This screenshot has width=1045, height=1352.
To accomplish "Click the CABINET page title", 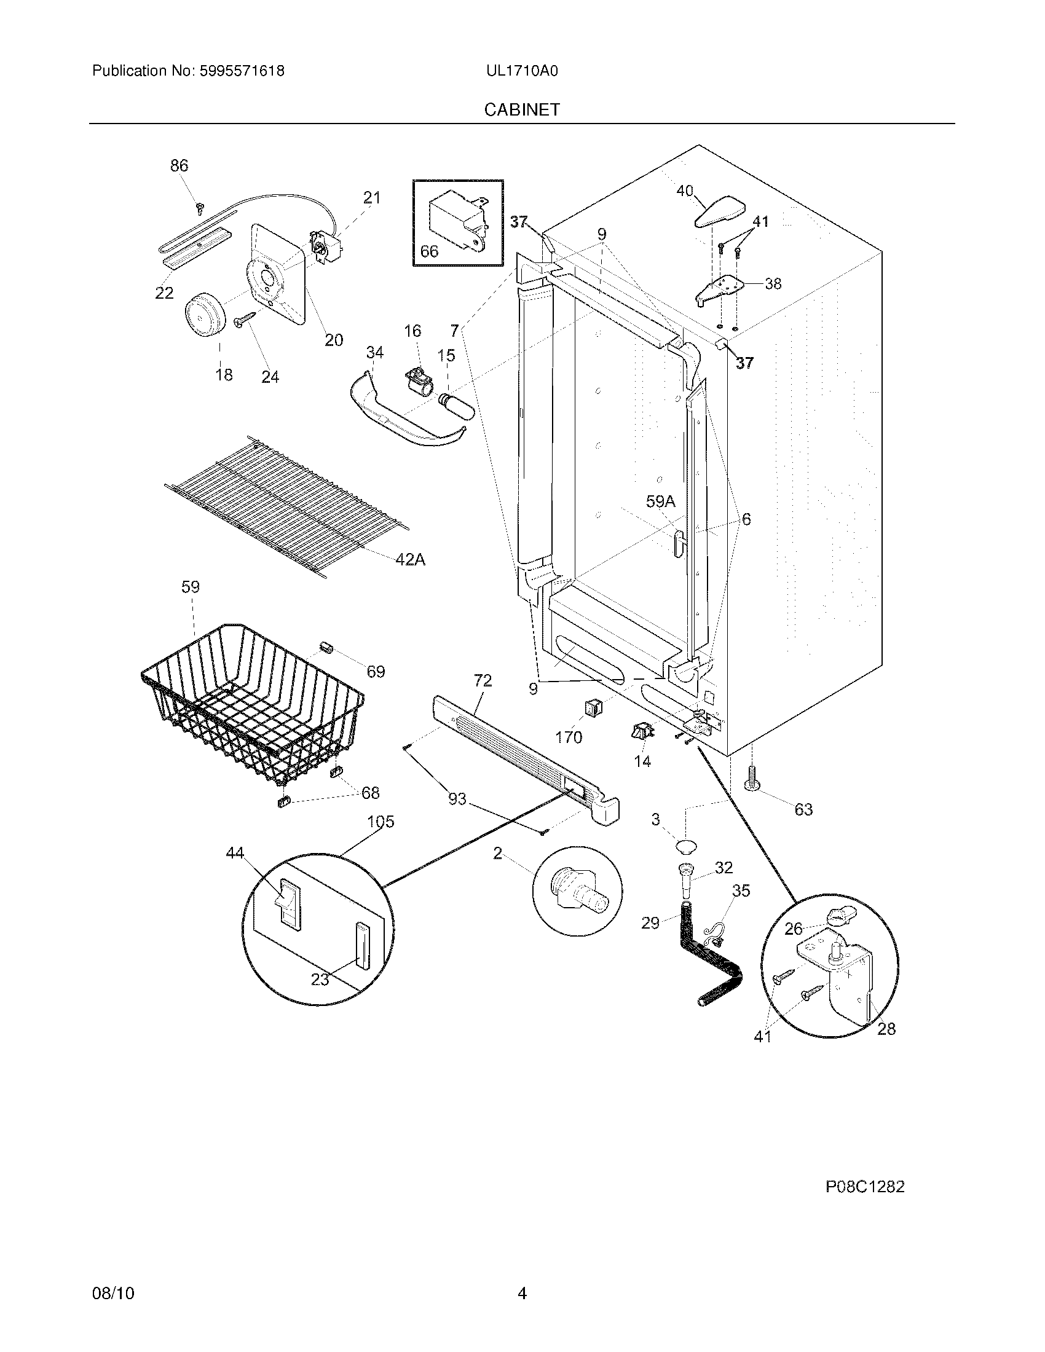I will point(521,109).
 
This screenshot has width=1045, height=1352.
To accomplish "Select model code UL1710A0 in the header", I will point(521,71).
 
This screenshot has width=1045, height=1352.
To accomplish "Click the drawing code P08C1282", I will point(864,1187).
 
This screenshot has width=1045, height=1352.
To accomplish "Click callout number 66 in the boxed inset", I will point(429,251).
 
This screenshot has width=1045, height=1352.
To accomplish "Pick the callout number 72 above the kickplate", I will point(483,681).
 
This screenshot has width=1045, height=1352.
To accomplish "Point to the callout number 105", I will point(380,822).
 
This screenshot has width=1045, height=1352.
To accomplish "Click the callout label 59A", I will point(661,501).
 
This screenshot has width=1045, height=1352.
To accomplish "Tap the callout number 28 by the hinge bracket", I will point(886,1029).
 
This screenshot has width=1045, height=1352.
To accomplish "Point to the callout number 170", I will point(569,737).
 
